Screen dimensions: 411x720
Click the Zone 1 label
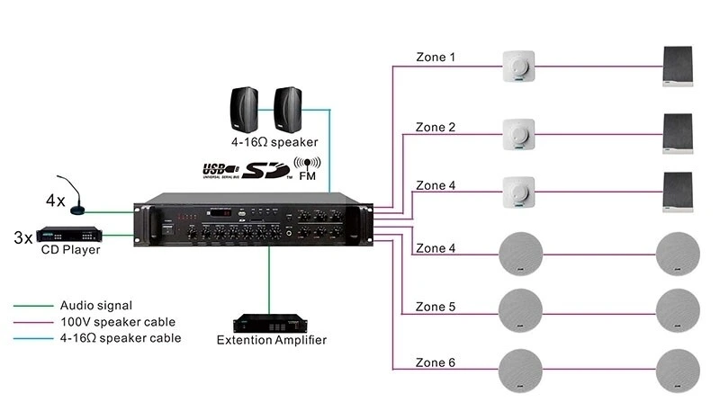[x=436, y=57]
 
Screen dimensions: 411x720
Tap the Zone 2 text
[x=436, y=127]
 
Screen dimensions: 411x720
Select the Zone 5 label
[x=436, y=307]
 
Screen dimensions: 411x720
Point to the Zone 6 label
[x=436, y=362]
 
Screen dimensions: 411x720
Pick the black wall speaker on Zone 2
[x=678, y=134]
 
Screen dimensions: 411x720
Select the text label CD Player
[x=70, y=250]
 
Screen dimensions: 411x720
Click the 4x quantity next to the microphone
[x=56, y=200]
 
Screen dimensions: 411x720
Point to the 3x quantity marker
[x=22, y=238]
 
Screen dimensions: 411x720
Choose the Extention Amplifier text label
[x=272, y=340]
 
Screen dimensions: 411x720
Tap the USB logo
[x=220, y=169]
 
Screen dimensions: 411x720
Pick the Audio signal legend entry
[x=95, y=306]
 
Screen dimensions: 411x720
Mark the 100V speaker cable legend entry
[x=117, y=322]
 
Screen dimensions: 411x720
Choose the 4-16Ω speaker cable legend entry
[x=120, y=338]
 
